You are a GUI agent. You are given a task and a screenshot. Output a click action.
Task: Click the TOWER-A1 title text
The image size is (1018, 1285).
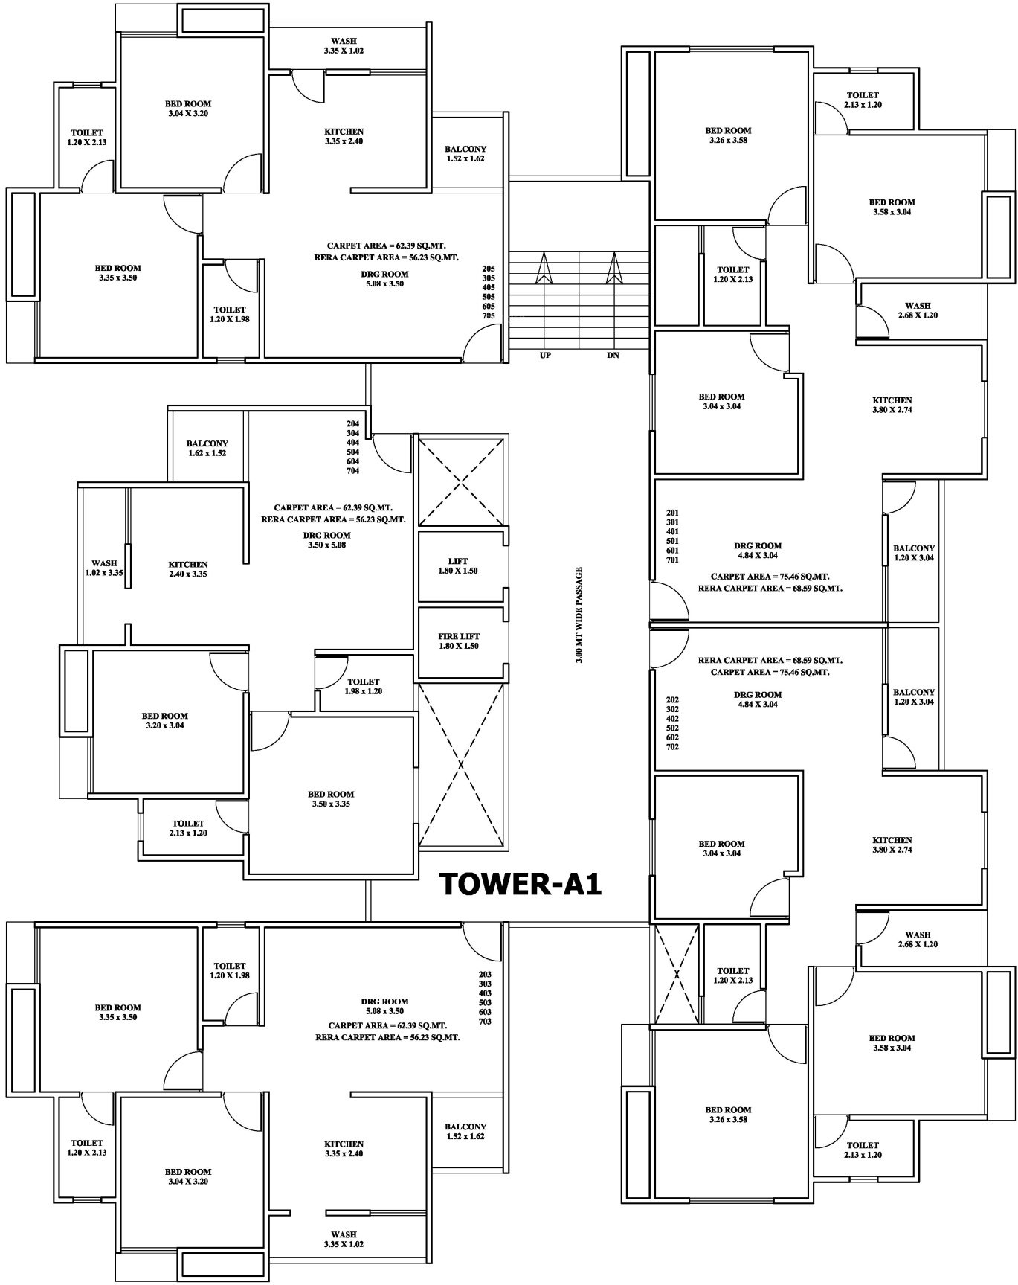(x=521, y=884)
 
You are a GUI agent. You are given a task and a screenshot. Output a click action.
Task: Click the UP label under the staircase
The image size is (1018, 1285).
(x=545, y=356)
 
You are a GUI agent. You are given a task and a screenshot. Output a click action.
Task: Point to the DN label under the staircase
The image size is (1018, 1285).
(x=613, y=356)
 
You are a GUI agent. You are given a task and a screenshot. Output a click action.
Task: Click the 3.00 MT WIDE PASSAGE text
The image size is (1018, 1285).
(x=579, y=615)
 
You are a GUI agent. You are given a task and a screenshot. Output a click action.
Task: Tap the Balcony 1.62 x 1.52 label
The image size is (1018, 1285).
(x=207, y=449)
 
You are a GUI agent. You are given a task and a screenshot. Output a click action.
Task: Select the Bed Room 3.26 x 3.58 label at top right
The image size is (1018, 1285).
(x=728, y=135)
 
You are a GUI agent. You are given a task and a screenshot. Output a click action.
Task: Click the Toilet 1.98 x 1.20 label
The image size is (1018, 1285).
(x=364, y=686)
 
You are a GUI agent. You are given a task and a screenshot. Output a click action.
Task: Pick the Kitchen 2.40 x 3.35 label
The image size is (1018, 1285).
(x=188, y=569)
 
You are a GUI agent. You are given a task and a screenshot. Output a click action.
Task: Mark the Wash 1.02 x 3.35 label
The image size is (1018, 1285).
(x=104, y=568)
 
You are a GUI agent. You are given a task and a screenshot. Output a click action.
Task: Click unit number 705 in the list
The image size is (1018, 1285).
(x=489, y=315)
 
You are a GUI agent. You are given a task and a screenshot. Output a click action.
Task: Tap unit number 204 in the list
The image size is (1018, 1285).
(x=352, y=424)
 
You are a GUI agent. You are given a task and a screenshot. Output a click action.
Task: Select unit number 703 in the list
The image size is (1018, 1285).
(x=485, y=1022)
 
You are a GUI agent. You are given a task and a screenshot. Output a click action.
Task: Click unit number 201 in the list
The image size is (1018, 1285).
(x=672, y=513)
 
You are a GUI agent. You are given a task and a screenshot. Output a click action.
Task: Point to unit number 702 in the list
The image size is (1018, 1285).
(x=672, y=746)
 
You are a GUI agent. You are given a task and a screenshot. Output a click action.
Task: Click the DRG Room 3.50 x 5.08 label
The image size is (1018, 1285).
(x=327, y=540)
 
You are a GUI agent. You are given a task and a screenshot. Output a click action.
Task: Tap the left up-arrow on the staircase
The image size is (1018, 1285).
(x=543, y=268)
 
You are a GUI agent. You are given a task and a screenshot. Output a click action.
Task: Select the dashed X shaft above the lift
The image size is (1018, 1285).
(x=462, y=481)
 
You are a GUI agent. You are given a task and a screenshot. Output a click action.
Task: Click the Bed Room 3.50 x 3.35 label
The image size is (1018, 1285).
(x=331, y=799)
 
